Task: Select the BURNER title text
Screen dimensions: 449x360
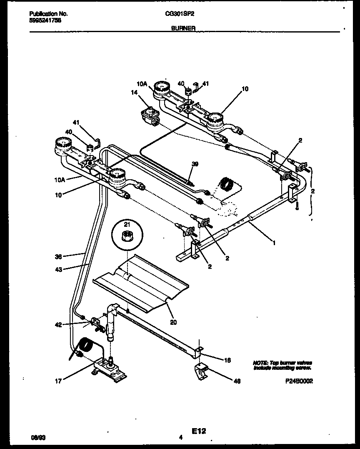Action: pyautogui.click(x=180, y=28)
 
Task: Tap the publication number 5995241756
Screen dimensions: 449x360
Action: pyautogui.click(x=45, y=20)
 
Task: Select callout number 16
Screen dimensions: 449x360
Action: pyautogui.click(x=227, y=360)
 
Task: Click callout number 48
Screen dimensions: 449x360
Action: pyautogui.click(x=237, y=381)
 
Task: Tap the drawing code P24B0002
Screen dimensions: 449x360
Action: pyautogui.click(x=298, y=381)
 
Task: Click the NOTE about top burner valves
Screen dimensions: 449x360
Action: pyautogui.click(x=282, y=365)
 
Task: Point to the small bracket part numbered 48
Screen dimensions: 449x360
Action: pyautogui.click(x=202, y=371)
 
